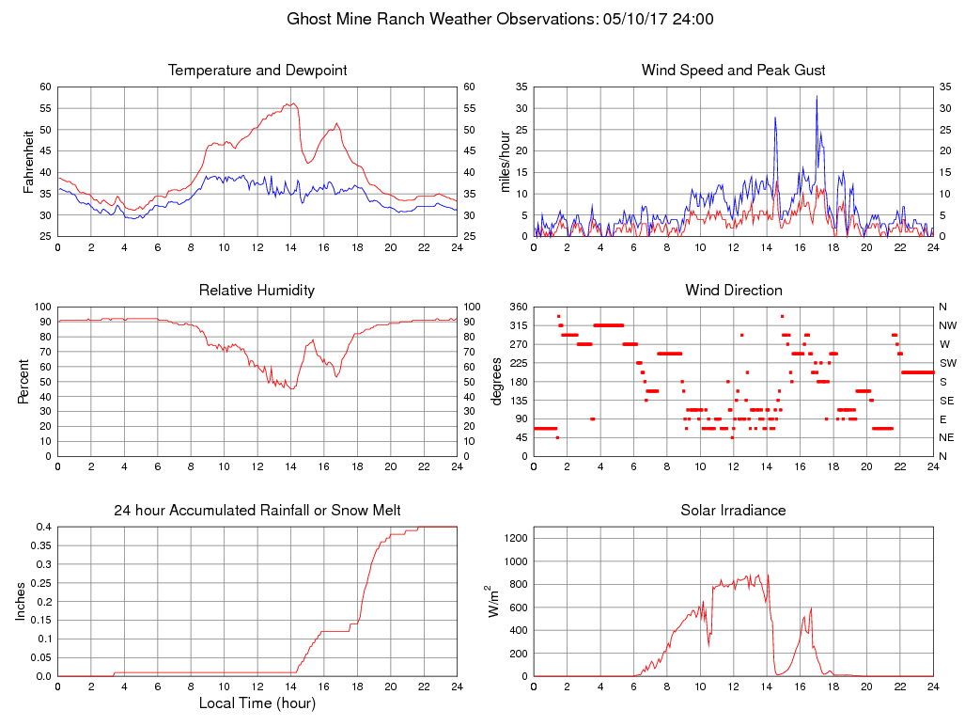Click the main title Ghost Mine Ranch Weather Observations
(500, 19)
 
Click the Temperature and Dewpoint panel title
(257, 71)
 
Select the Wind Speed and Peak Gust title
(733, 71)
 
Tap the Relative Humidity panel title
(257, 291)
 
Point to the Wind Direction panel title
(733, 291)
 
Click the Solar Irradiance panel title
(733, 511)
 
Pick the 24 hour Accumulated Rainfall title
(257, 511)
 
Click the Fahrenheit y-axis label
(28, 162)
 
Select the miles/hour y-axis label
(505, 162)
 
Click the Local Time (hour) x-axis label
(257, 703)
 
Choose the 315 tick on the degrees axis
(517, 325)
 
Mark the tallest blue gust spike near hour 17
(817, 98)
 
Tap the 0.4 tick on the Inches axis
(43, 527)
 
